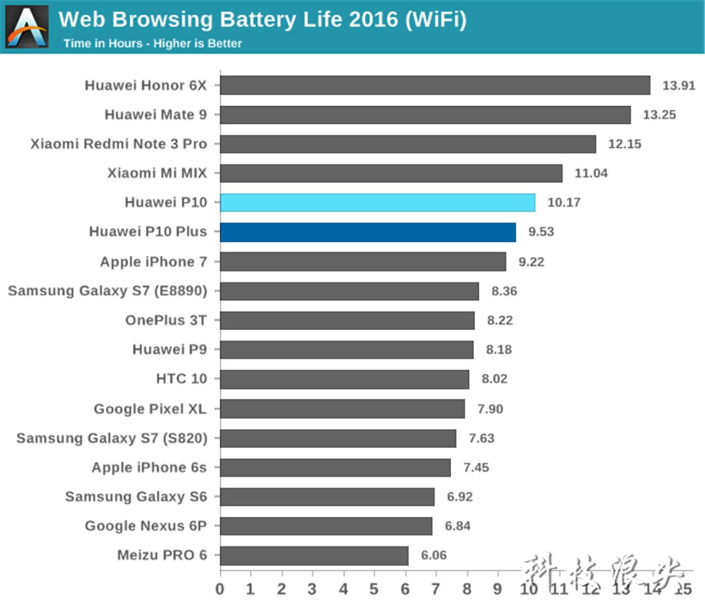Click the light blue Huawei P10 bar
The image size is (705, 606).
377,202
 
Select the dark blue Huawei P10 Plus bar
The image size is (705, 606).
368,232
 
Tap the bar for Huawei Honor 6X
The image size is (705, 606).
435,85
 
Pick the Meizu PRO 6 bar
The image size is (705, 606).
314,555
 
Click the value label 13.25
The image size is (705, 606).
659,114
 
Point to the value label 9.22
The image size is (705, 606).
531,262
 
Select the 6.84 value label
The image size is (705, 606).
457,526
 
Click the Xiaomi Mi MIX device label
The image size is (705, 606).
157,173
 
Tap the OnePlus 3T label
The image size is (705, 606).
166,320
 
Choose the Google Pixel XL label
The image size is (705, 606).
150,408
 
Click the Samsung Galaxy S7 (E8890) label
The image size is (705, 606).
108,291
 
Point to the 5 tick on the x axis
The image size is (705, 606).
374,588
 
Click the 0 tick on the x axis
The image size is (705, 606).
220,588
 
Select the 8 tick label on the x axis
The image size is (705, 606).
467,588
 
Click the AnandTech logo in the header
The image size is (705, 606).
26,26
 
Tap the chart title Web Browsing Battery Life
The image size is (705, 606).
262,19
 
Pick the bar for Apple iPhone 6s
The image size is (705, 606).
335,468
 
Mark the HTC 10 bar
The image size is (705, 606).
344,379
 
